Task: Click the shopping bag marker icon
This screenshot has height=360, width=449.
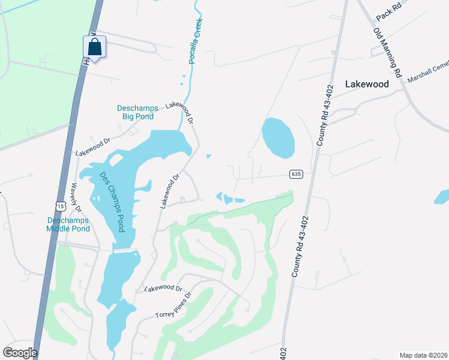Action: (95, 47)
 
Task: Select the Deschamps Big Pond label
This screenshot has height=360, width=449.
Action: (137, 112)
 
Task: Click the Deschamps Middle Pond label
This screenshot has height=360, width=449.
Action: (68, 224)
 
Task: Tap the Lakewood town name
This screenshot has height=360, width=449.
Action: (367, 85)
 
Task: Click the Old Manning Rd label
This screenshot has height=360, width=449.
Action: (387, 52)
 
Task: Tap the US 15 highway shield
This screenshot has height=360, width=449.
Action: (59, 206)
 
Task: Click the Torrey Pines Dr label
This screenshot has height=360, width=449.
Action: (173, 306)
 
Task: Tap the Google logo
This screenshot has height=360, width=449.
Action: (20, 352)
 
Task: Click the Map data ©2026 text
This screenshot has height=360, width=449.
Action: (423, 355)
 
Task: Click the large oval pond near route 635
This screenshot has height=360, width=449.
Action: (279, 137)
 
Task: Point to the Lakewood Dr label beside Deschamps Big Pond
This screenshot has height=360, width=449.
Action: (181, 112)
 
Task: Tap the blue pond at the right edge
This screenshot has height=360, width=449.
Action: (442, 196)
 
